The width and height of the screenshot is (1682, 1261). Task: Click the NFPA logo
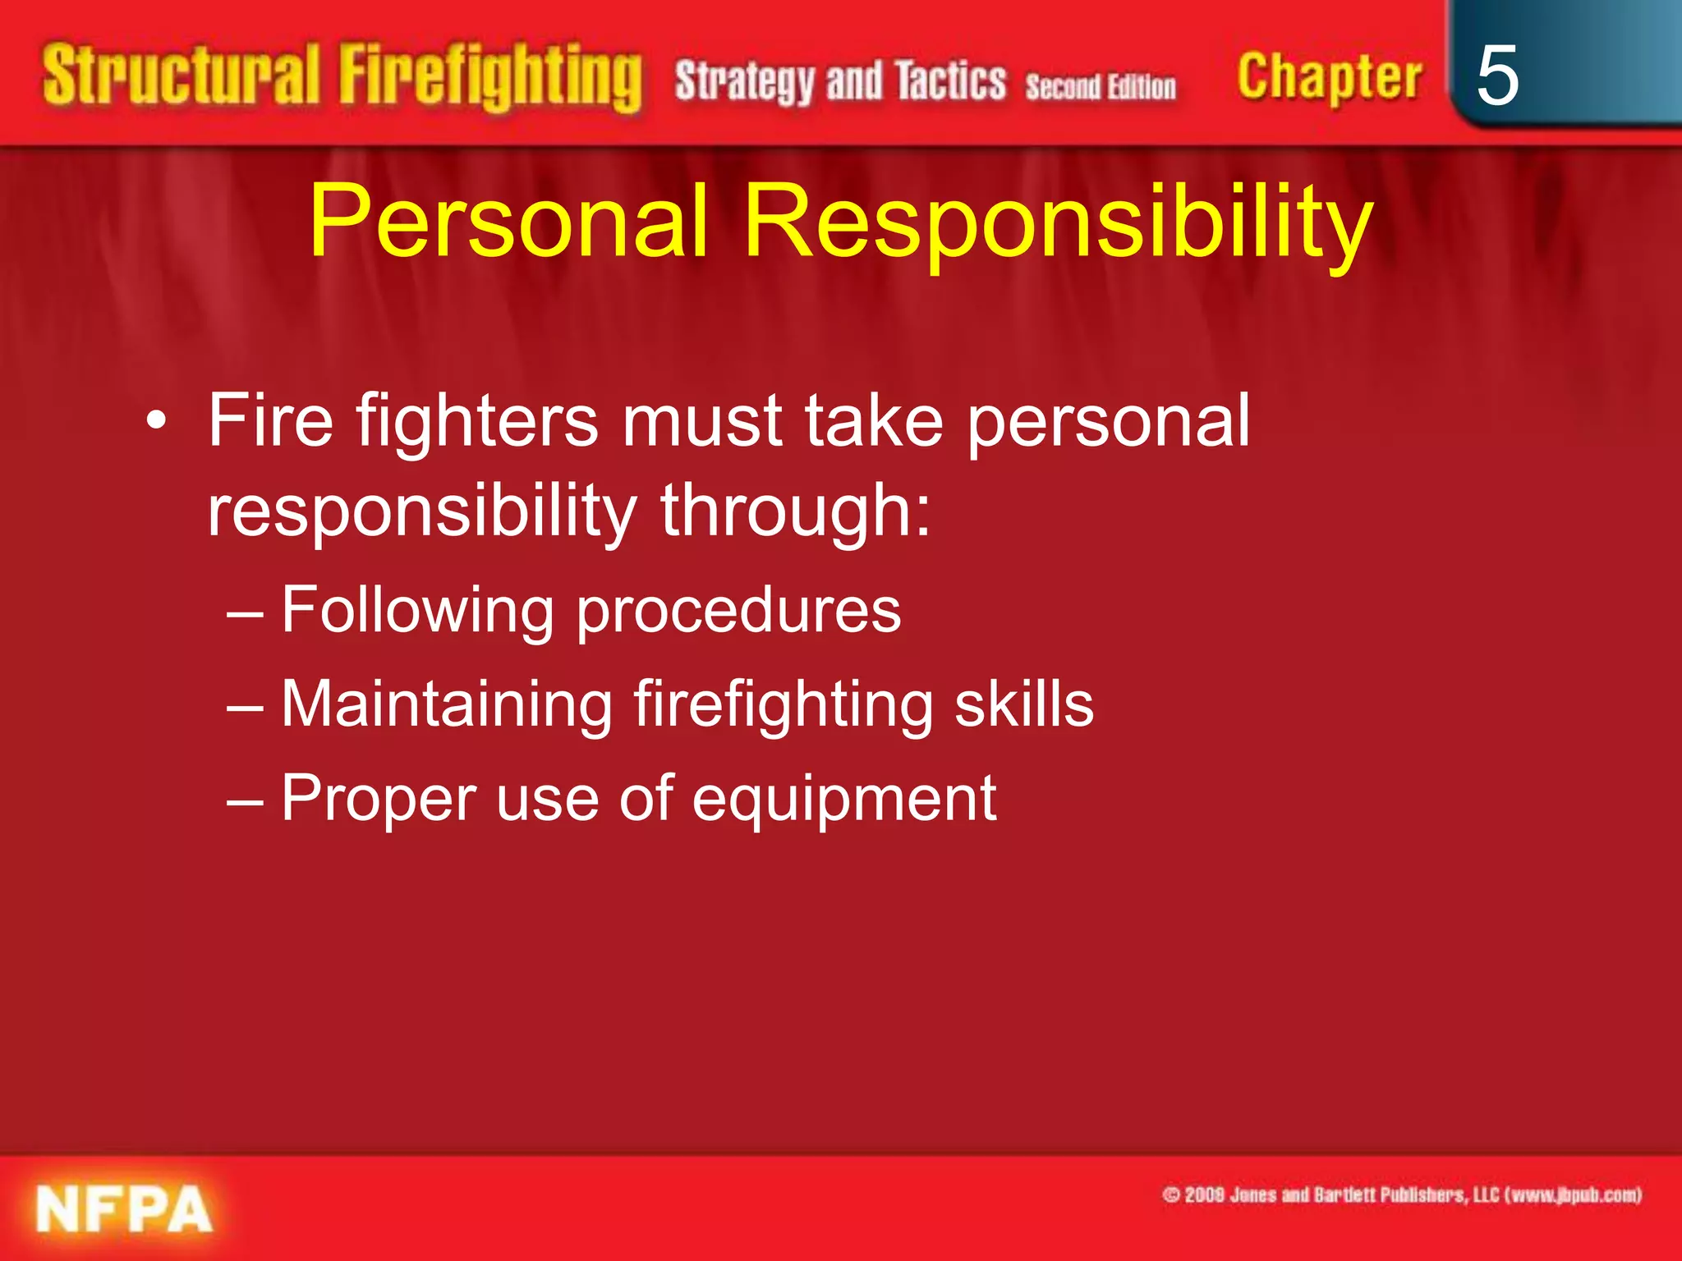tap(123, 1208)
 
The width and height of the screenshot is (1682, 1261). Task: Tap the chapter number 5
tap(1496, 76)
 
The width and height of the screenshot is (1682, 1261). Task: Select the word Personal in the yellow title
tap(508, 222)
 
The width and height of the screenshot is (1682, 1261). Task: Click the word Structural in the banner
tap(181, 77)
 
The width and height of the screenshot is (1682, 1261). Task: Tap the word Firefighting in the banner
tap(490, 79)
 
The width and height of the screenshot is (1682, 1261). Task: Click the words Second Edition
tap(1101, 86)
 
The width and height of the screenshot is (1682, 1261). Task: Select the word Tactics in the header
tap(950, 81)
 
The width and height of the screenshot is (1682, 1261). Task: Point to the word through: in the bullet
tap(796, 511)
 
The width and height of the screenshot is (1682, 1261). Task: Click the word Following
tap(417, 612)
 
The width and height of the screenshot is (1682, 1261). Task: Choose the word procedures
tap(738, 612)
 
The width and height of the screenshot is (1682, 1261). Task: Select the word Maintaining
tap(447, 705)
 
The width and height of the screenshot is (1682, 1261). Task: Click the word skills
tap(1023, 704)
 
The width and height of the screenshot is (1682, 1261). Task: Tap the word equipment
tap(843, 799)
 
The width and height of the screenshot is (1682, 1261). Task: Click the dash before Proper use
tap(244, 799)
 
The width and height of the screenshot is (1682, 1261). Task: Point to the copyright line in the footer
tap(1401, 1195)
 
